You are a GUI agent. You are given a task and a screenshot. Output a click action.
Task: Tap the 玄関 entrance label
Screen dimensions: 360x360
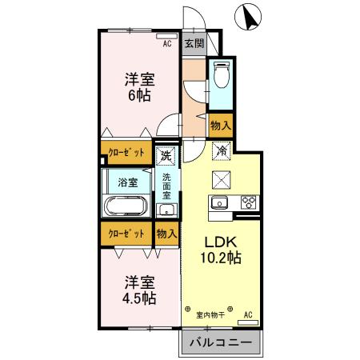(194, 44)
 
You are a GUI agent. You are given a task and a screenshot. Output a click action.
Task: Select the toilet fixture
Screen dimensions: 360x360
(222, 76)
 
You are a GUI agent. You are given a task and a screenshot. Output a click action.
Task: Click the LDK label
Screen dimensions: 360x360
(221, 242)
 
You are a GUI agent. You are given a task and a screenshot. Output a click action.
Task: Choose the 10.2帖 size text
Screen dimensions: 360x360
(222, 258)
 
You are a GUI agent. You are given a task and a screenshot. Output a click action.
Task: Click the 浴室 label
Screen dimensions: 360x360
(127, 182)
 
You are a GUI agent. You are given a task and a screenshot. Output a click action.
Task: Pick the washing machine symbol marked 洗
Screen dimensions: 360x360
(166, 154)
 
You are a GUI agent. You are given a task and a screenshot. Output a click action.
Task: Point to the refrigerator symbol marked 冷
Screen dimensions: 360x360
(222, 150)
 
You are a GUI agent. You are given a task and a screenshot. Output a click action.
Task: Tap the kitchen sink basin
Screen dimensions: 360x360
(220, 202)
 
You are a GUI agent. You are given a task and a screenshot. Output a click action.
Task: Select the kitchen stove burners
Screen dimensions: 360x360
(247, 202)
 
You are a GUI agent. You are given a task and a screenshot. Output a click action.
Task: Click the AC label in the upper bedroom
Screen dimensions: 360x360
(167, 44)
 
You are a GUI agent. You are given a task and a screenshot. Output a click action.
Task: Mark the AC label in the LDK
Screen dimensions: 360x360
(247, 314)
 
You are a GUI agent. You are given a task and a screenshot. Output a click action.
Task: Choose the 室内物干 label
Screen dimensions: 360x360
(210, 314)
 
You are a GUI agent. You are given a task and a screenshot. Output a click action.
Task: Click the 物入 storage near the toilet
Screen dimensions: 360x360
(221, 125)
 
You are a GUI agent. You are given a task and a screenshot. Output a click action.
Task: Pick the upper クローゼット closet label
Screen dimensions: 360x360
(126, 151)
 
